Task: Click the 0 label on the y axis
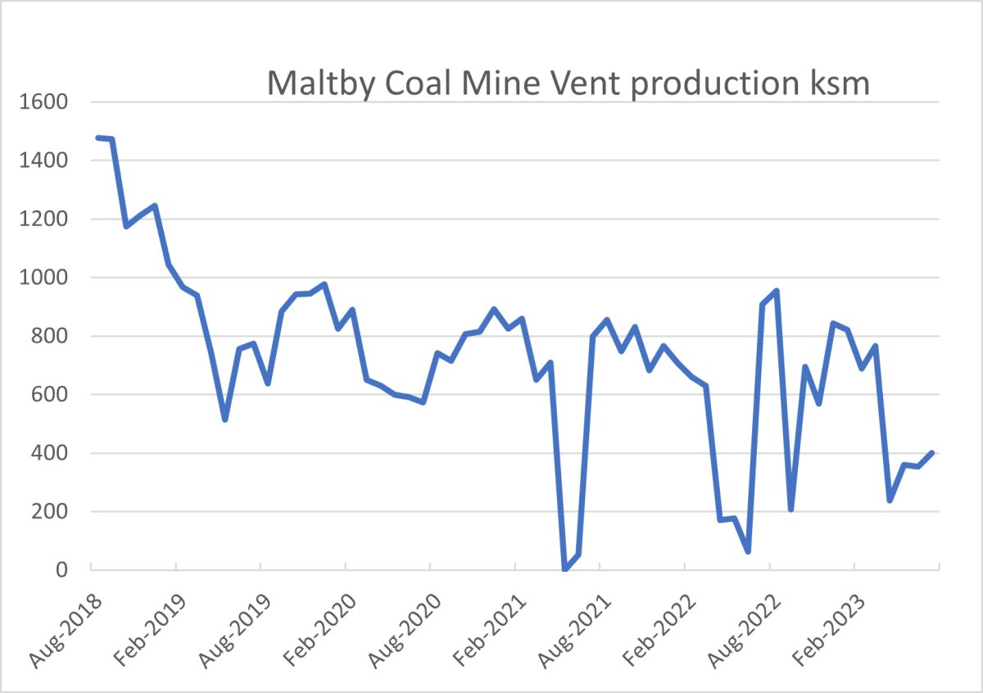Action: tap(61, 570)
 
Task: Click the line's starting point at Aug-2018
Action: tap(97, 138)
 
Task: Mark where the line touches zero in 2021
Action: tap(564, 569)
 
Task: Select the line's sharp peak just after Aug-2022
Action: tap(776, 291)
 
